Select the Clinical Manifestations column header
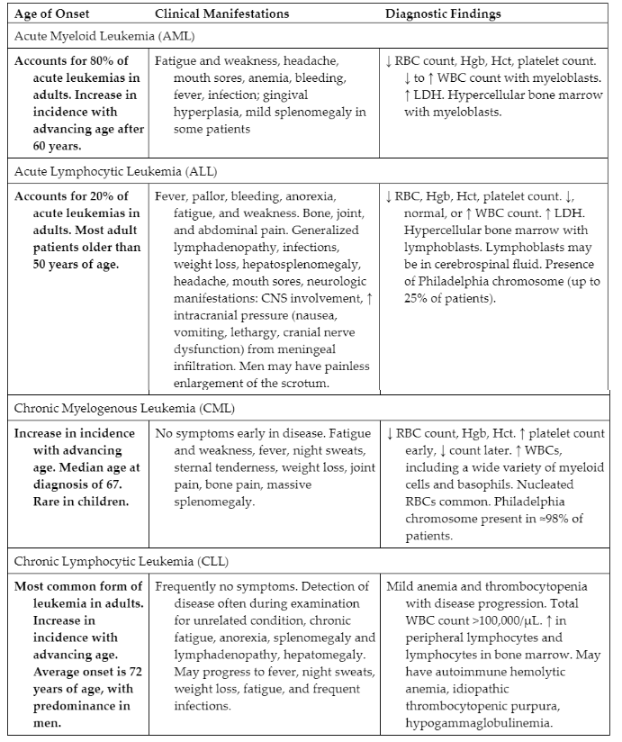pos(221,14)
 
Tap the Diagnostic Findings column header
pos(443,14)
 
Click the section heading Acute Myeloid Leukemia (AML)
pos(104,37)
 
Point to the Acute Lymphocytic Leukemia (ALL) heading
pos(115,171)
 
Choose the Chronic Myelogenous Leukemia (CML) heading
pos(124,408)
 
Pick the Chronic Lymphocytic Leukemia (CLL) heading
pos(118,562)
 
